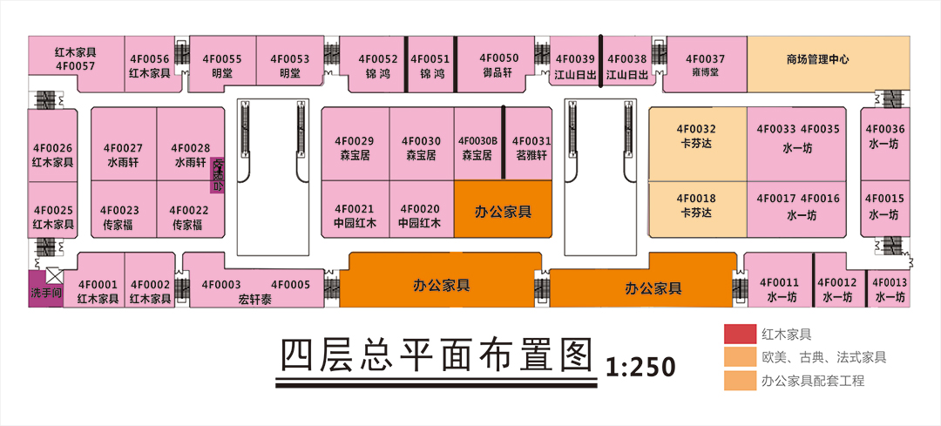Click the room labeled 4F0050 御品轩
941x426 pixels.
click(499, 64)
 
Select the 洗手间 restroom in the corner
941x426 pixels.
click(44, 293)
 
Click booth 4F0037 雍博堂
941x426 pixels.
click(705, 64)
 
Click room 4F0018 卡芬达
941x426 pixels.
click(696, 207)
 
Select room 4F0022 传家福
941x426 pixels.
click(188, 216)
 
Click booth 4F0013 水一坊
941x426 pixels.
click(890, 288)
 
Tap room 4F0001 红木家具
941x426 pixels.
click(98, 290)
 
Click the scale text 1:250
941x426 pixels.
click(640, 367)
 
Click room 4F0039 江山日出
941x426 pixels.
click(574, 65)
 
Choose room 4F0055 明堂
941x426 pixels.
click(222, 65)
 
